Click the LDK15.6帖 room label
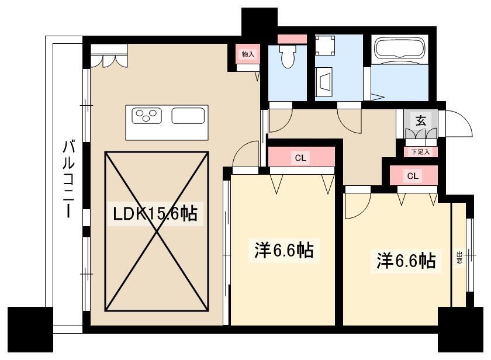coord(155,213)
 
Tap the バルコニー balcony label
coord(68,179)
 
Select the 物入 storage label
coord(248,54)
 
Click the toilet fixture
coord(288,56)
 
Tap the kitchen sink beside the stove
coord(188,116)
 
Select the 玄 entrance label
coord(420,120)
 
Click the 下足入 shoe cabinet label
coord(420,152)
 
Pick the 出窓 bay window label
coord(459,257)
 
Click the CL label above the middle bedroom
coord(300,158)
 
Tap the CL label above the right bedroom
coord(413,176)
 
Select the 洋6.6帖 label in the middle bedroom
coord(283,250)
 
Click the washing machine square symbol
coord(325,46)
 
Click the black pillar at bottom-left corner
coord(30,330)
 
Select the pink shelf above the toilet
coord(292,39)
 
